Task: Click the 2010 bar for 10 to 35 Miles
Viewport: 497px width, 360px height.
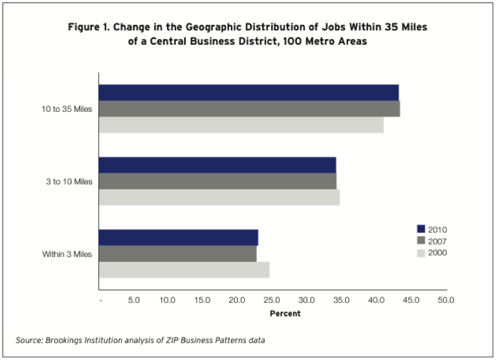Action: point(248,93)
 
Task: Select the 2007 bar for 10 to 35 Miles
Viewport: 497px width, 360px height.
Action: point(249,109)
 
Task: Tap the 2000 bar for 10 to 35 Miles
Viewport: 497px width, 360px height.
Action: point(241,125)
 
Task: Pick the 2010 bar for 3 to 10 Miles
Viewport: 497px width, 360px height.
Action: point(217,165)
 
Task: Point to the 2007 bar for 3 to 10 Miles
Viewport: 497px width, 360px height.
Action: point(217,181)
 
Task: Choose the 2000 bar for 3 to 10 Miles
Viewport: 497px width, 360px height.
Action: point(219,197)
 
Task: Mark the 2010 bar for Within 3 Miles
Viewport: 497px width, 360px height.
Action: point(178,238)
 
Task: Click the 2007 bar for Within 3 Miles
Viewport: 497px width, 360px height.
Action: point(177,254)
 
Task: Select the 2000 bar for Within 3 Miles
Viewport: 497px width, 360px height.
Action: point(183,270)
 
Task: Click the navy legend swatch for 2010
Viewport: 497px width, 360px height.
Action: point(422,229)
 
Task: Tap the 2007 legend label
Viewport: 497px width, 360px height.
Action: point(437,241)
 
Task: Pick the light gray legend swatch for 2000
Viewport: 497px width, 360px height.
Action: point(422,252)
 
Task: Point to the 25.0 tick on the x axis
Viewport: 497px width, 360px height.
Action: point(272,300)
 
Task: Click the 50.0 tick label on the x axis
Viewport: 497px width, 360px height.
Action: point(445,300)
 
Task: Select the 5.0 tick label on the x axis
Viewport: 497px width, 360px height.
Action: point(133,300)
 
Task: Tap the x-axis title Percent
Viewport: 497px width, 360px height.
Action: point(285,314)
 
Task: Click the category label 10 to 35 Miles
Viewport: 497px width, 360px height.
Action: point(67,109)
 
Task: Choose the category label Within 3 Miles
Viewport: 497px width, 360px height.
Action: point(67,254)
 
